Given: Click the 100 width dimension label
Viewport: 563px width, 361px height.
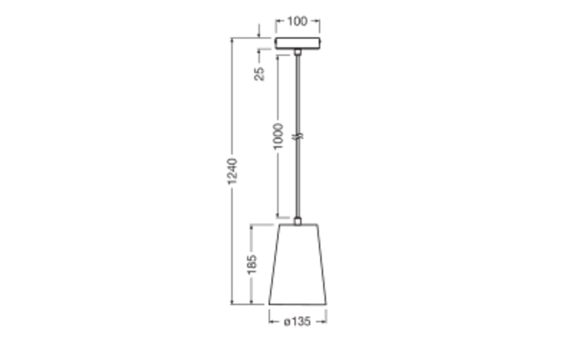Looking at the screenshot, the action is coord(297,21).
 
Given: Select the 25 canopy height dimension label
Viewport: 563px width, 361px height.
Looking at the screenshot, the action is coord(259,73).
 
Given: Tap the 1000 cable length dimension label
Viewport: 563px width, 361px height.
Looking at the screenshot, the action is coord(278,136).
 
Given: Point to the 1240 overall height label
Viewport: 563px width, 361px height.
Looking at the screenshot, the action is coord(233,171).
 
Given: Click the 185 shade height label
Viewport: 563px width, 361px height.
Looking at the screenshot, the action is coord(252,265).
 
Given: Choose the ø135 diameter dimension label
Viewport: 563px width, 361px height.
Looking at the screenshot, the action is coord(297,322).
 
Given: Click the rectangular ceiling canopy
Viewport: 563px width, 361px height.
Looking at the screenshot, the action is coord(298,43).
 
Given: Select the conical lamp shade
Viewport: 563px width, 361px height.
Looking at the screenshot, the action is coord(298,265).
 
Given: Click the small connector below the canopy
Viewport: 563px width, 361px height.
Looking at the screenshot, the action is coord(298,52).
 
